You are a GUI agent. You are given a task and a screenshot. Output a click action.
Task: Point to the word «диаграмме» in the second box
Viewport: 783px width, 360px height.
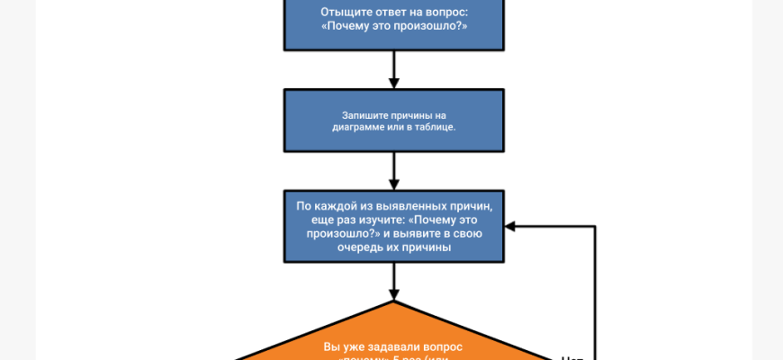[x=361, y=128]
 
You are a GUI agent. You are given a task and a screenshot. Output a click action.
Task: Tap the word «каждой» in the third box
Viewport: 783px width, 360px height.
[x=336, y=205]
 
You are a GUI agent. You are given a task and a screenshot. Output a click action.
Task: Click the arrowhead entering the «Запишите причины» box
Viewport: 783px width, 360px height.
[x=394, y=83]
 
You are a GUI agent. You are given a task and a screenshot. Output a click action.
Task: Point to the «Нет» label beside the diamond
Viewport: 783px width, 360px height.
[x=572, y=357]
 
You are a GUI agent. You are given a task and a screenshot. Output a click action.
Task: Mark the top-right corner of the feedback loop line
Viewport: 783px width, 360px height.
[x=595, y=226]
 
